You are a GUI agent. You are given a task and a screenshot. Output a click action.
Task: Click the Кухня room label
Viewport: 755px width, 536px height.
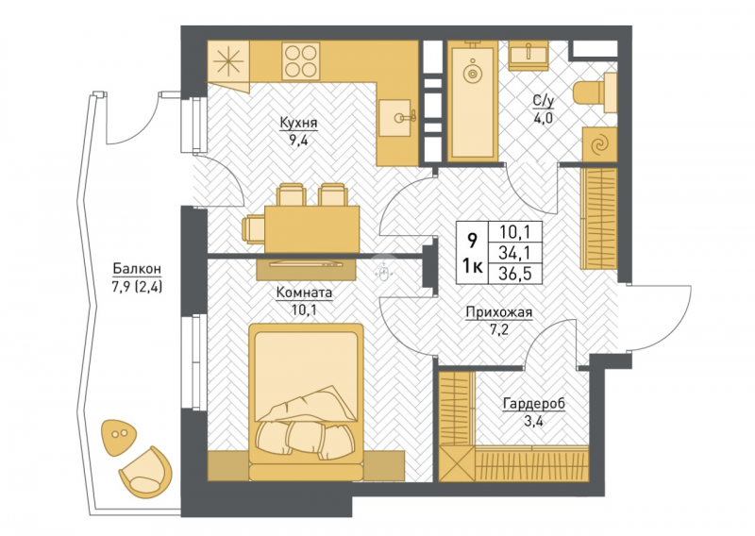point(298,124)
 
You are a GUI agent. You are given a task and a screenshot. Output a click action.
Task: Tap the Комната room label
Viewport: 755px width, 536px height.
point(304,293)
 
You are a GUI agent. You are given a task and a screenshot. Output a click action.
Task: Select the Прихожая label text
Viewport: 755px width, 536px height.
point(499,313)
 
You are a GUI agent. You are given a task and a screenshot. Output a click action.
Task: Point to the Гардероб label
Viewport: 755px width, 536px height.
point(534,404)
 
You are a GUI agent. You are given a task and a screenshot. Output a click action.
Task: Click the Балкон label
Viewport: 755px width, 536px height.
point(137,269)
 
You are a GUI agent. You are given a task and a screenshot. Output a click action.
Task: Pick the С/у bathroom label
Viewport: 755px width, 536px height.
point(544,101)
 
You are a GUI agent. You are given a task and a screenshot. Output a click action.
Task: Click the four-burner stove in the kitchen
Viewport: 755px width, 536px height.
point(301,61)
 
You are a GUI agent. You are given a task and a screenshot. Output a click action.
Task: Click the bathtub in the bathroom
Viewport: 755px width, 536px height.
point(473,101)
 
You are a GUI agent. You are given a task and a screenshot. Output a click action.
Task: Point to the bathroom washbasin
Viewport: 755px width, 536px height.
point(528,54)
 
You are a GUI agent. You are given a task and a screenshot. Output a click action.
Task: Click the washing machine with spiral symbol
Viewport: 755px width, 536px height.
point(599,144)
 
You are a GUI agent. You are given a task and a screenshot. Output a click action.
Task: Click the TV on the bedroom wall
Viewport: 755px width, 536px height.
point(306,263)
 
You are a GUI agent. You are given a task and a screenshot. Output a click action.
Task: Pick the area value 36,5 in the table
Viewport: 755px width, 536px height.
point(515,274)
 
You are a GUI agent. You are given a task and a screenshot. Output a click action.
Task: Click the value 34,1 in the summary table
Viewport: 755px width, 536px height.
point(515,253)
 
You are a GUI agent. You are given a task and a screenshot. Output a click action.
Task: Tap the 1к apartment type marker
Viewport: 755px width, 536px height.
point(473,265)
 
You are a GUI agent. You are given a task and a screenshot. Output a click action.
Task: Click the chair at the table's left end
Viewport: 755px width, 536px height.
point(253,228)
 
